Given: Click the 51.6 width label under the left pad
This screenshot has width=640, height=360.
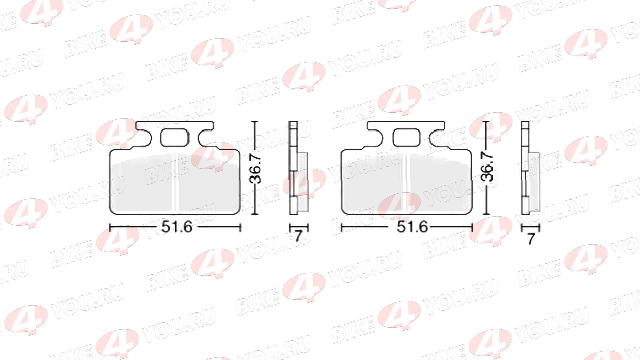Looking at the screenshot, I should click(x=177, y=227).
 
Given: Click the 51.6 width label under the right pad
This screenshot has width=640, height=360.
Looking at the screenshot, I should click(x=412, y=227).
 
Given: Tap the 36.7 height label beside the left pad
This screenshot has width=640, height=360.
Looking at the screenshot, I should click(x=256, y=169).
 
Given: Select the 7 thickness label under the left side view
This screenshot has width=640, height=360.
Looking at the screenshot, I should click(x=299, y=236).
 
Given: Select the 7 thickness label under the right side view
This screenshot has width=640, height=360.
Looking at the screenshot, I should click(x=531, y=238).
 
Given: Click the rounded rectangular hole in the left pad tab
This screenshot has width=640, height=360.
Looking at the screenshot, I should click(x=174, y=138).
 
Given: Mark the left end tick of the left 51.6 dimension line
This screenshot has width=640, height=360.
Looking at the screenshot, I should click(x=110, y=228).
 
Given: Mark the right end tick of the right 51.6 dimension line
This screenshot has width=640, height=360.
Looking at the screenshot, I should click(x=472, y=228).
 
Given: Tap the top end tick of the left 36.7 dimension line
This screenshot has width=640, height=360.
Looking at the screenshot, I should click(x=255, y=122).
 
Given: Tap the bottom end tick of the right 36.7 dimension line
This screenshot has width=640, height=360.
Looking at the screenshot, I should click(x=487, y=214).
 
